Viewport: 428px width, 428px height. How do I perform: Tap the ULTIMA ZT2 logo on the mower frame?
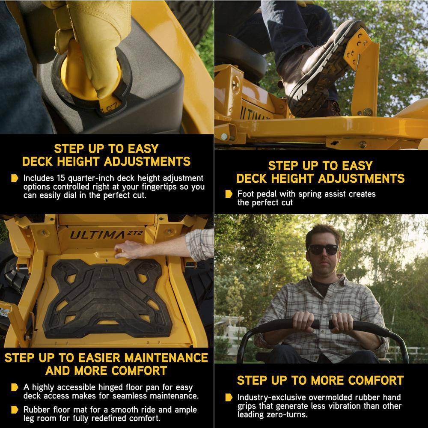(107, 235)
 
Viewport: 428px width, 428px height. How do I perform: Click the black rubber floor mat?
(107, 298)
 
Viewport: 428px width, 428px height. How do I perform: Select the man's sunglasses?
(324, 250)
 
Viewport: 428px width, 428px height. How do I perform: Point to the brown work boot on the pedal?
(322, 68)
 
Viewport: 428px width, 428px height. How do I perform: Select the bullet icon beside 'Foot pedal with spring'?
(229, 194)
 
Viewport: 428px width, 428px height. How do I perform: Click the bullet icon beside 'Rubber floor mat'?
(15, 410)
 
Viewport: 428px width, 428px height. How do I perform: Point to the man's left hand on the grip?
(343, 322)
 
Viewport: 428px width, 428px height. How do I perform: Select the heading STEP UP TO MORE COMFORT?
(320, 380)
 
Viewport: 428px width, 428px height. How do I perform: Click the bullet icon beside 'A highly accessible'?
(15, 387)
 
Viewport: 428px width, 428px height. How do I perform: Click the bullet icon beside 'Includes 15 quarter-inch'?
(15, 178)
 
